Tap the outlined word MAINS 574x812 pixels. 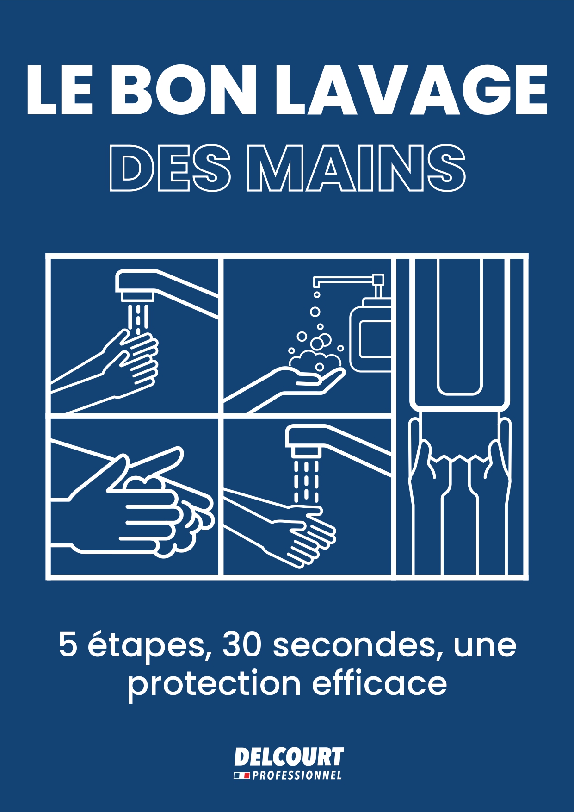tap(356, 168)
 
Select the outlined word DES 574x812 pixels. tap(170, 168)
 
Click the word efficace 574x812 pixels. tap(379, 683)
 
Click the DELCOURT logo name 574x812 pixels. tap(289, 757)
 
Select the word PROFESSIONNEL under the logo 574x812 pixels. tap(297, 775)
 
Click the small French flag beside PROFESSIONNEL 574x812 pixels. tap(242, 775)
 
